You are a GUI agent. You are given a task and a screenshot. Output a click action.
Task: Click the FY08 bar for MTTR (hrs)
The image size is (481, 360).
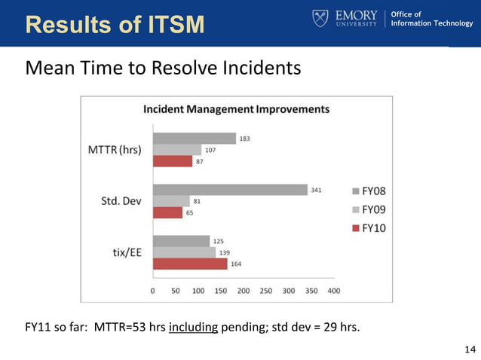click(194, 139)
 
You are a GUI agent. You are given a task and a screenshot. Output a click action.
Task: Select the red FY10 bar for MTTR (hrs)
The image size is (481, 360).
click(173, 161)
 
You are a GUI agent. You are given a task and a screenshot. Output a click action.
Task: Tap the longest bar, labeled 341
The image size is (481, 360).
click(230, 190)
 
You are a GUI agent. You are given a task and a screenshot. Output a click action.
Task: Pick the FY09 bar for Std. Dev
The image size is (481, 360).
click(171, 201)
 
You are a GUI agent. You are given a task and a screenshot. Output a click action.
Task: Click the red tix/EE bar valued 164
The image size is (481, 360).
click(190, 264)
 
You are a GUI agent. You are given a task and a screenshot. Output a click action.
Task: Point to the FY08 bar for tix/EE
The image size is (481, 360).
click(181, 241)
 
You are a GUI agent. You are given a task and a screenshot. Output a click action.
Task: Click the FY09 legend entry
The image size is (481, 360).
click(369, 209)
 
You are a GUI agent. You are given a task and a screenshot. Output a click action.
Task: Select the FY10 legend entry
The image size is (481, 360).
click(369, 227)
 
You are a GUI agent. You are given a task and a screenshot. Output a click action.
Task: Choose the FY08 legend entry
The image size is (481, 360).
click(369, 191)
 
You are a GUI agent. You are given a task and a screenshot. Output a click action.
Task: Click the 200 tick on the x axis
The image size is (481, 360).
click(244, 290)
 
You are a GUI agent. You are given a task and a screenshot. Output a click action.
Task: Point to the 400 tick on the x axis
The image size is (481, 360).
click(334, 290)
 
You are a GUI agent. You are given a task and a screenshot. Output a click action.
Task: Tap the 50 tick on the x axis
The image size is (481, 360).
click(176, 290)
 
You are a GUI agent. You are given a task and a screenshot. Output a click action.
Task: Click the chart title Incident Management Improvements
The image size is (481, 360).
click(236, 109)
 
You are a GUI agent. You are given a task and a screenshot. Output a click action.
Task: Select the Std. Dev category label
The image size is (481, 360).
click(123, 201)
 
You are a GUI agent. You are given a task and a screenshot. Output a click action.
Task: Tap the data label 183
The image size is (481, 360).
click(245, 139)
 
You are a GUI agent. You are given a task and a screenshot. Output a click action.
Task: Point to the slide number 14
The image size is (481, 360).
click(470, 349)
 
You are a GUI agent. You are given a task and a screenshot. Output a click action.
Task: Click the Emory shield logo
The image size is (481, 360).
click(320, 18)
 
